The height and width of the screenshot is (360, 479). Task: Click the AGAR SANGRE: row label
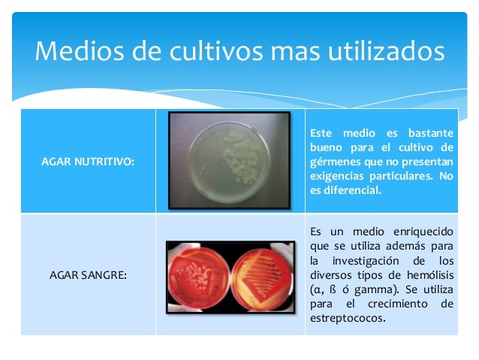(88, 275)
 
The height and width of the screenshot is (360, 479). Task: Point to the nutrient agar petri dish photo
(229, 160)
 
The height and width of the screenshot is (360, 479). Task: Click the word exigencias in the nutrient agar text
(338, 176)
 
